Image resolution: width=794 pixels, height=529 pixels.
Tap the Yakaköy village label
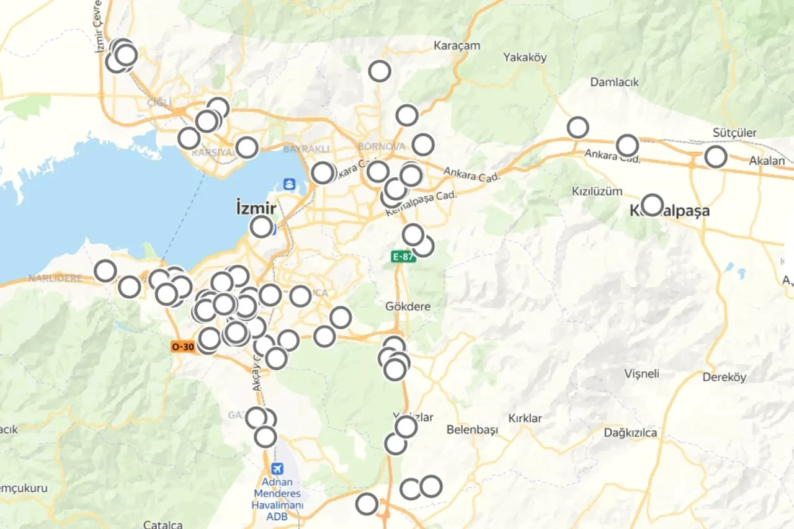tap(525, 58)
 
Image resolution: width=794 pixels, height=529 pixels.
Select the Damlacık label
tap(614, 82)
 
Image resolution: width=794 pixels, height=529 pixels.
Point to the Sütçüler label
tap(734, 133)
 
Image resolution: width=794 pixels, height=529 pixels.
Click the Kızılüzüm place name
tap(597, 191)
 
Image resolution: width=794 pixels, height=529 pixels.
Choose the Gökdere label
tap(408, 306)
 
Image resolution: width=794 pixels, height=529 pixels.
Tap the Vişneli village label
tap(641, 374)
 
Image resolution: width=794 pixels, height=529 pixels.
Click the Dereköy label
tap(724, 377)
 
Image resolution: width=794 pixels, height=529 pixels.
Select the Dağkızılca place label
tap(630, 433)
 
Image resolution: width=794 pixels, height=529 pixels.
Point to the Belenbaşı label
tap(472, 430)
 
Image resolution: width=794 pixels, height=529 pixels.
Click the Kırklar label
tap(525, 418)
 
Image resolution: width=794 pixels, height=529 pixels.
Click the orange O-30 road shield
tap(182, 347)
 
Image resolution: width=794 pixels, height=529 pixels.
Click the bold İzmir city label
tap(256, 208)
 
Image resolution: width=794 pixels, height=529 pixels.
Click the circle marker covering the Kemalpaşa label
tap(652, 204)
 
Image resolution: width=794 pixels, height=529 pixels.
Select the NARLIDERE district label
tap(55, 278)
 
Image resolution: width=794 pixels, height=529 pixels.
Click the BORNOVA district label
tap(381, 146)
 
